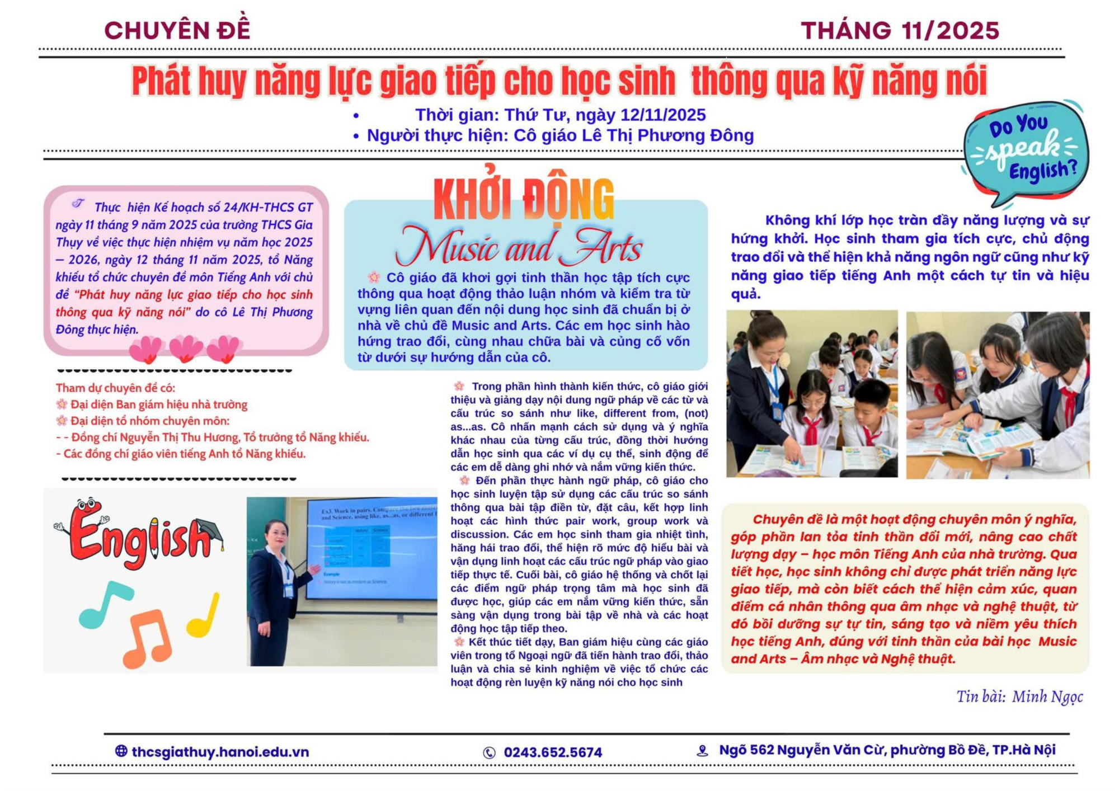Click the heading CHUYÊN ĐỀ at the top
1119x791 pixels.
tap(177, 30)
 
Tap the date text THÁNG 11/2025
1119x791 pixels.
tap(900, 30)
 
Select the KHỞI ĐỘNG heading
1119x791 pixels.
tap(524, 200)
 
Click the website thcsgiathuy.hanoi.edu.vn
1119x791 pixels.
tap(220, 752)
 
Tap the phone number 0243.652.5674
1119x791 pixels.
tap(553, 752)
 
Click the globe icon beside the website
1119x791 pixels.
tap(121, 751)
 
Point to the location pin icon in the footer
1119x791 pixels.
tap(702, 751)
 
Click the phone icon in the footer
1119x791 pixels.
tap(489, 753)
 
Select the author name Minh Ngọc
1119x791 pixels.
tap(1047, 696)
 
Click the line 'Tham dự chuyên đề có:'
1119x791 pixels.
tap(115, 388)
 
